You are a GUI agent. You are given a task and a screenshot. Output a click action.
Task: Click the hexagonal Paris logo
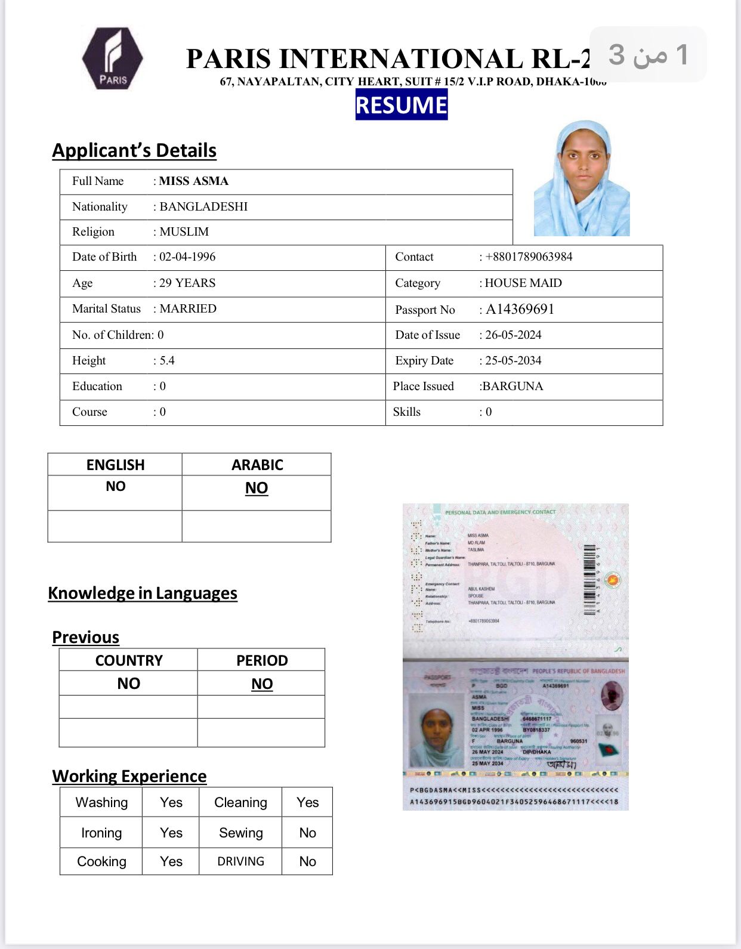[113, 58]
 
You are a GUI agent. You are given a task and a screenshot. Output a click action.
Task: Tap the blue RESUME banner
[401, 105]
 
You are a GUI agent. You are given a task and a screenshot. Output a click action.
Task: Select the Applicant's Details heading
[134, 150]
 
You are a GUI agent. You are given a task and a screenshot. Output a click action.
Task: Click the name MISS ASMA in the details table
[194, 181]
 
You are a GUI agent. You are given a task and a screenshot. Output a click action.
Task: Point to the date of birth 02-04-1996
[187, 257]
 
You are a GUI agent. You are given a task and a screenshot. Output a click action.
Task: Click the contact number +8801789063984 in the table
[529, 257]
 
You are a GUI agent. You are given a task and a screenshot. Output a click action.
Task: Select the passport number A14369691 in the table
[520, 309]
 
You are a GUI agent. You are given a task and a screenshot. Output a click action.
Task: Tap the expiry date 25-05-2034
[513, 361]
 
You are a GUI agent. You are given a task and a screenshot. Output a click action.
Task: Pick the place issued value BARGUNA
[512, 387]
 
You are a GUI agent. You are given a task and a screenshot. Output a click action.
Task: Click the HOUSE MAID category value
[523, 283]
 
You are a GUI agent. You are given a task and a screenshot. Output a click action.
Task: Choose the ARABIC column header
[257, 465]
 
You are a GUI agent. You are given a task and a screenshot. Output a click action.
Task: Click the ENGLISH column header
[115, 465]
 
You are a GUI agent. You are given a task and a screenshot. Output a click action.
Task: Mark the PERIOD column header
[262, 660]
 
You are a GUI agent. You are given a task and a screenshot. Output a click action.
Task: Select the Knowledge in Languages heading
[143, 593]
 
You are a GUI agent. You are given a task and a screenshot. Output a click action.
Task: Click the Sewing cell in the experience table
[240, 833]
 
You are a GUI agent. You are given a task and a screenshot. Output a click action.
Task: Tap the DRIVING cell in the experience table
[240, 861]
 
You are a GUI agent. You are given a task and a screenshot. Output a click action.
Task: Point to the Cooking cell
[101, 861]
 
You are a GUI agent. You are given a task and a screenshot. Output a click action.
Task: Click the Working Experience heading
[129, 776]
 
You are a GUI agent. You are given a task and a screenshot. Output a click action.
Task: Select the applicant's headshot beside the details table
[582, 178]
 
